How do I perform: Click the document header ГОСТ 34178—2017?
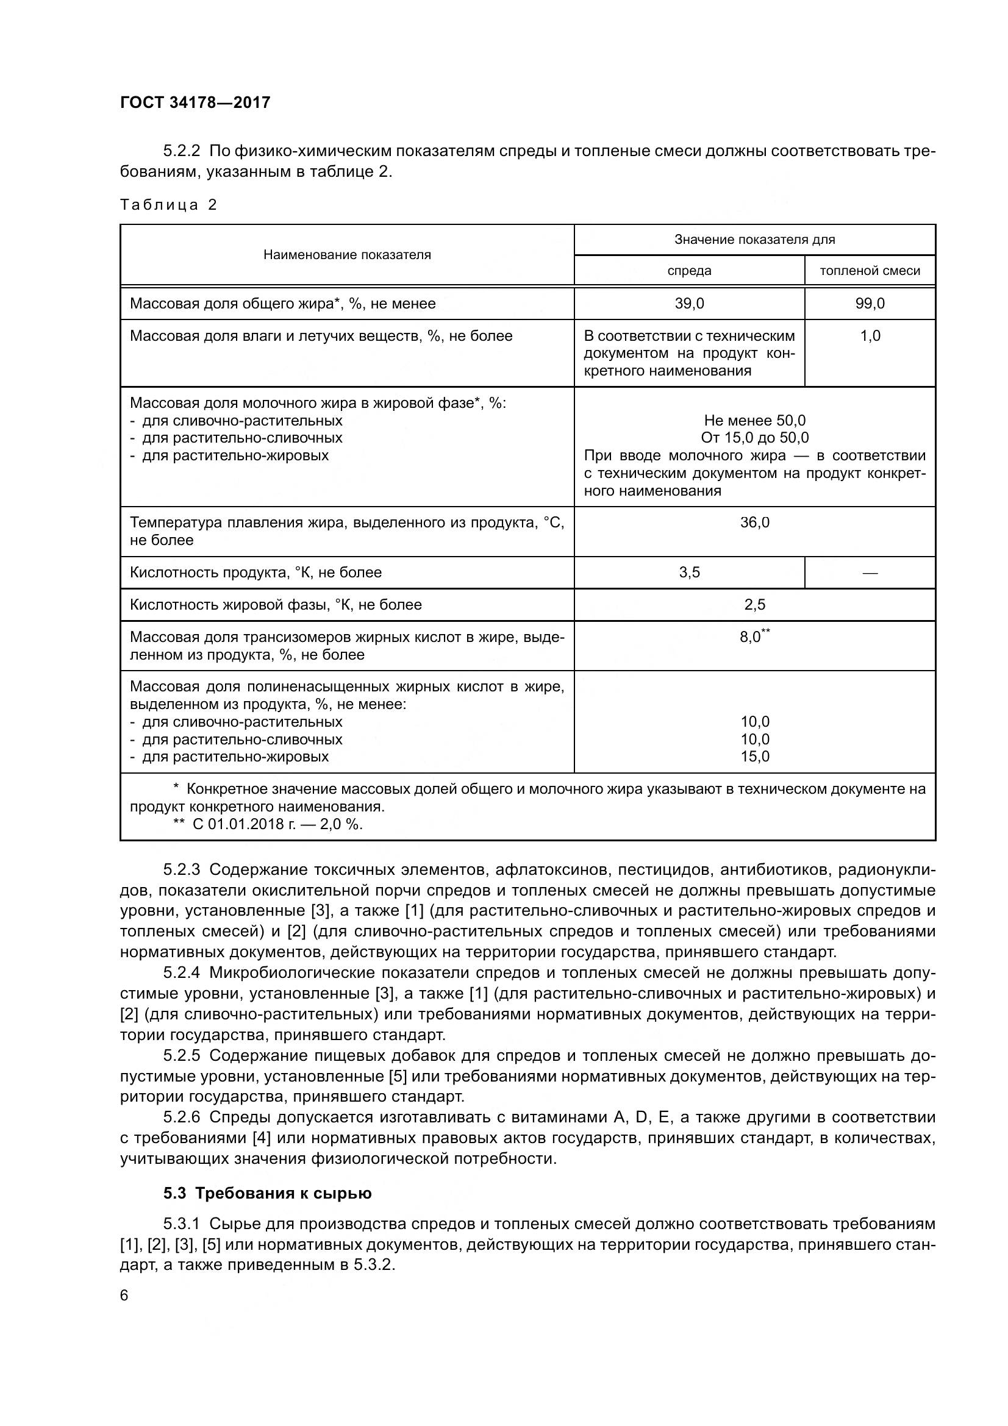[195, 102]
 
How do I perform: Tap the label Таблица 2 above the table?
[168, 205]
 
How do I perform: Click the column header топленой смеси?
[870, 271]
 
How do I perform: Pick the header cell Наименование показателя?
[346, 255]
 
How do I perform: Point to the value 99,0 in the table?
[870, 304]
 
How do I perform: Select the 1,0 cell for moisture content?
[870, 336]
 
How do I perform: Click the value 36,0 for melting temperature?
[754, 522]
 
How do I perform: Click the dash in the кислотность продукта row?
[870, 572]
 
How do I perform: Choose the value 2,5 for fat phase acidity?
[754, 605]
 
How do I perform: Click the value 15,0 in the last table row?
[754, 757]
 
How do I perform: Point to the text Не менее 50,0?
[754, 421]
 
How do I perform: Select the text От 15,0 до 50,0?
[754, 438]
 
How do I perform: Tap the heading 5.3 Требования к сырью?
[267, 1194]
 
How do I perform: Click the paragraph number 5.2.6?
[181, 1118]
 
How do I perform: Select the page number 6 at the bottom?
[124, 1296]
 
